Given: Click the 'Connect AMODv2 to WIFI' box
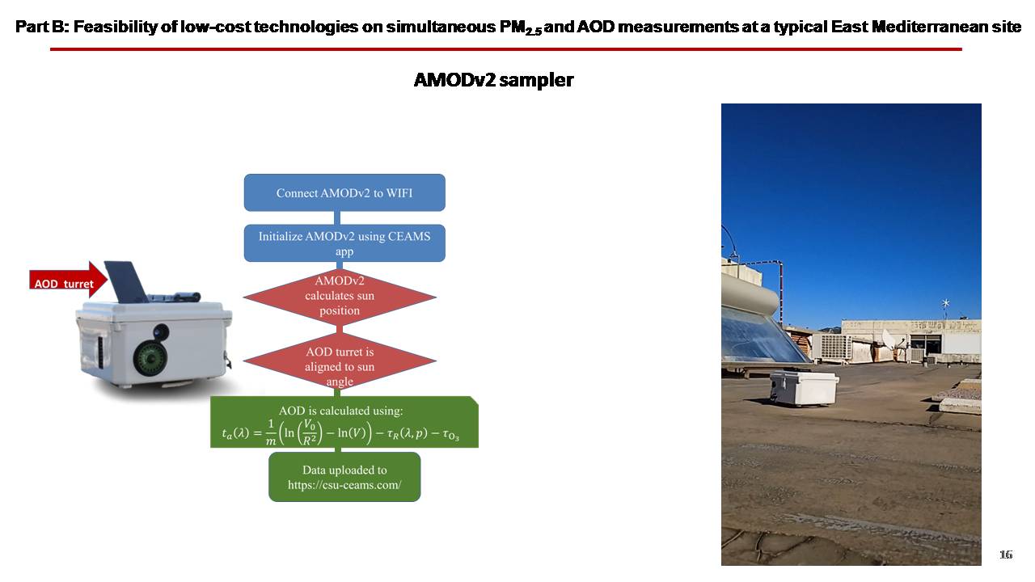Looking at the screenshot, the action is click(344, 192).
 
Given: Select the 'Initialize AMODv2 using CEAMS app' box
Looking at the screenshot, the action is click(344, 243).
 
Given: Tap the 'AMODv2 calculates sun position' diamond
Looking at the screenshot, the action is click(340, 297).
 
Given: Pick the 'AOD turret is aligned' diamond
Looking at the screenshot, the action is click(340, 361).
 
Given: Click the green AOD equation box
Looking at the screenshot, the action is click(344, 422).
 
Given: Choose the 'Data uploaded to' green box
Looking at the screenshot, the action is click(344, 477).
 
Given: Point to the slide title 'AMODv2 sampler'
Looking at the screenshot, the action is click(493, 80).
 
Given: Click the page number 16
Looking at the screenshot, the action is click(1006, 555).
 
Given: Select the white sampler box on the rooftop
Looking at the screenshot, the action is click(804, 389).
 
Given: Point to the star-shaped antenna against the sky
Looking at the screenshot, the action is click(946, 303).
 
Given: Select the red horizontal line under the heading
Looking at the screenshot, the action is click(506, 49).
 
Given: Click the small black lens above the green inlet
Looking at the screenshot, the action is click(161, 331).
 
